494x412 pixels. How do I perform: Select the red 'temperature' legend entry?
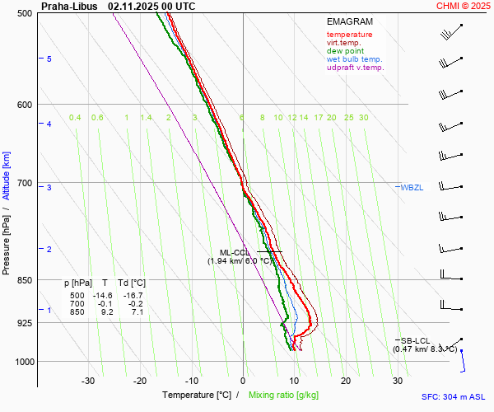[x=349, y=35]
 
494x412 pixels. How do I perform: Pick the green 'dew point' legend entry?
[x=346, y=51]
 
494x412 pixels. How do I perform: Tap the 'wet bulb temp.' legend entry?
[x=354, y=59]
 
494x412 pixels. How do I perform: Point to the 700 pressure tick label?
[x=24, y=183]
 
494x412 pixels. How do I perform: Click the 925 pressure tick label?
[x=24, y=323]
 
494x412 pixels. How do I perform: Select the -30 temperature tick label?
[x=88, y=381]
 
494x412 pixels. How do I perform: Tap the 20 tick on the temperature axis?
[x=346, y=381]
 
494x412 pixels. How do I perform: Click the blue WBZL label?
[x=412, y=188]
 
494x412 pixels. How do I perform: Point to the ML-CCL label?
[x=235, y=252]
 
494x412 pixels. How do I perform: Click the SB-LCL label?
[x=416, y=340]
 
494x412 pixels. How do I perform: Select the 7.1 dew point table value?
[x=137, y=311]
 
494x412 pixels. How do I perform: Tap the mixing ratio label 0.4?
[x=75, y=118]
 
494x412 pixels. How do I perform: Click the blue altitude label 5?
[x=49, y=59]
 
